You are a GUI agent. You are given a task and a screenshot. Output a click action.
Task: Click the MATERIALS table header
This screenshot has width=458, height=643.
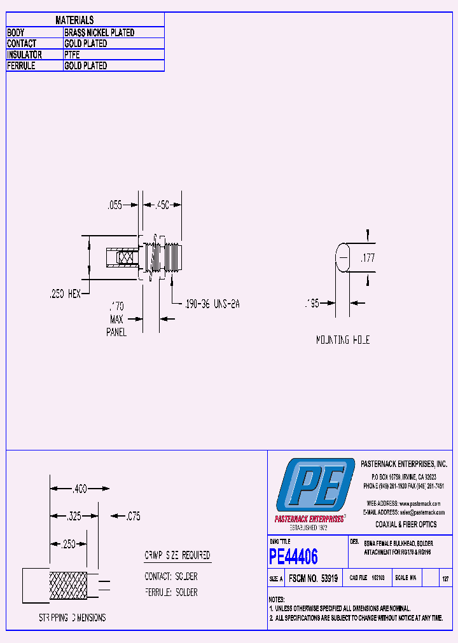(x=74, y=20)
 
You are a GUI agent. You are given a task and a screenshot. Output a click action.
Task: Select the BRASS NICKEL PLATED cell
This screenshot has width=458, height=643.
(x=99, y=32)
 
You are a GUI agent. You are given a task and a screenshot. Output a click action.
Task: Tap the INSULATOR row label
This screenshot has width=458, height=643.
(x=25, y=55)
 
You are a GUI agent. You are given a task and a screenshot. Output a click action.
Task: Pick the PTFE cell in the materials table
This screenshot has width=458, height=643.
(x=72, y=55)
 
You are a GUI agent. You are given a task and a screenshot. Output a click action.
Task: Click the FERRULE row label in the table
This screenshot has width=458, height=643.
(x=21, y=65)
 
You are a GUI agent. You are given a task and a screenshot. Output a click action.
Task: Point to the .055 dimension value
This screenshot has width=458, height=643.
(x=114, y=205)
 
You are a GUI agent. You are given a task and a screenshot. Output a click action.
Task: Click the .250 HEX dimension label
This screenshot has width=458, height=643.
(x=65, y=294)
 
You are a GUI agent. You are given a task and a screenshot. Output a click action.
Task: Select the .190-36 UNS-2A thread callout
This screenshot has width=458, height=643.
(x=211, y=304)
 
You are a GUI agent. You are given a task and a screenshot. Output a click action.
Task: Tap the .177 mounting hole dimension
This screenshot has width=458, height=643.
(x=367, y=258)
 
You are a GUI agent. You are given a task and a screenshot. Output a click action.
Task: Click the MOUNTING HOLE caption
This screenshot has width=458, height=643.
(x=343, y=340)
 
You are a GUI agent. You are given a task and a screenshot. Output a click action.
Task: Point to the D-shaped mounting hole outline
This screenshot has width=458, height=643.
(x=343, y=257)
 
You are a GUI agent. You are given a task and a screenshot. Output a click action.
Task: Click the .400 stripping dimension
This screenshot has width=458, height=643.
(x=80, y=489)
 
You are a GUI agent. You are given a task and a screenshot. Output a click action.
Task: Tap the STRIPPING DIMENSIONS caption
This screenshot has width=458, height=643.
(x=72, y=618)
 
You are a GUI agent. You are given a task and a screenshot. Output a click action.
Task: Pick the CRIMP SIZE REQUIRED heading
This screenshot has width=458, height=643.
(x=177, y=555)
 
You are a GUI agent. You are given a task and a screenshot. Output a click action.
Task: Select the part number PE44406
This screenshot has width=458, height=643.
(x=293, y=557)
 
